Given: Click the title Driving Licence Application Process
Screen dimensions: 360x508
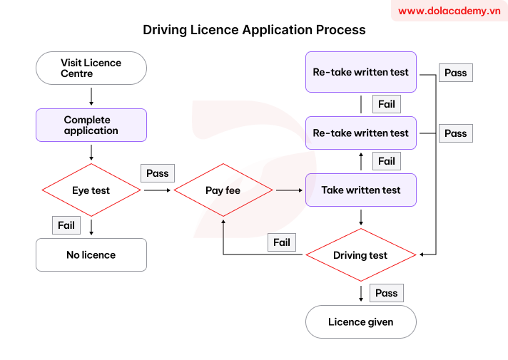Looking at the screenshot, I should [x=254, y=30].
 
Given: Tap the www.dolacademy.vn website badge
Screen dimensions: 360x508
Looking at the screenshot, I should [x=449, y=11].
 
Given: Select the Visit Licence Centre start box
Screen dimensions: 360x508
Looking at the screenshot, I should [x=91, y=68].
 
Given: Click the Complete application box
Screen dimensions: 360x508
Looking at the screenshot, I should [x=91, y=125].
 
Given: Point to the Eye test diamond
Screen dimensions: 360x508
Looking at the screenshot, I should [x=91, y=190].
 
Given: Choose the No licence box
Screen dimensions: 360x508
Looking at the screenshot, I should [x=91, y=254].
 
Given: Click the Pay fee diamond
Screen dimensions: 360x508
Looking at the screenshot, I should [x=223, y=190].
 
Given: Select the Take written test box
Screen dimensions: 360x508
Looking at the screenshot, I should [x=360, y=190].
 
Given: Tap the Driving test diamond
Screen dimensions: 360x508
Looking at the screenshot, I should [x=360, y=255].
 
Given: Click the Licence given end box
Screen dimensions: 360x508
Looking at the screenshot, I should [x=360, y=322].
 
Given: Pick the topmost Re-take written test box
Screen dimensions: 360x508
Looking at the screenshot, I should [x=360, y=72].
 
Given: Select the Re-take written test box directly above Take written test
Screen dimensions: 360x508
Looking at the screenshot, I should [x=360, y=133].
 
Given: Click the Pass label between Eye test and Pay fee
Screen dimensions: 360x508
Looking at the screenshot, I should [x=157, y=173].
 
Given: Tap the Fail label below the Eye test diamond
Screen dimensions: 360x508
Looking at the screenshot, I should [x=66, y=225].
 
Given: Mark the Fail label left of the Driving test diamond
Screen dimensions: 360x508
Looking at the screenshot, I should [x=282, y=242].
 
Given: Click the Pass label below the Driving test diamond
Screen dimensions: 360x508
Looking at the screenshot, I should [x=386, y=293].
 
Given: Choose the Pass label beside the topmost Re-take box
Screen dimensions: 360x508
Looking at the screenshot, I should [x=455, y=73].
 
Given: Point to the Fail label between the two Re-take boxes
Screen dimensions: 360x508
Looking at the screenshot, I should [x=386, y=104].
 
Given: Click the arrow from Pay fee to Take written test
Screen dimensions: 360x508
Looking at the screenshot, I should [x=288, y=190].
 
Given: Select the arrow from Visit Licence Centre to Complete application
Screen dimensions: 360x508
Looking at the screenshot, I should [x=91, y=96].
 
